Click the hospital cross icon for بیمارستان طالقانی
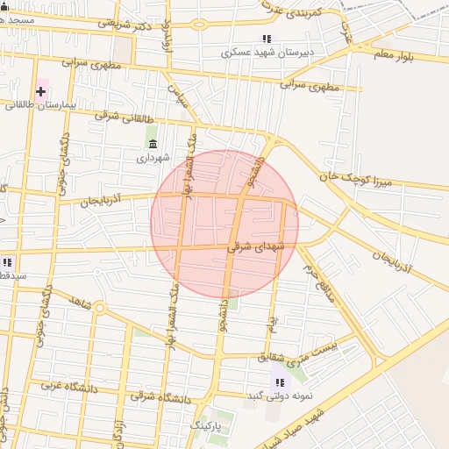click(41, 91)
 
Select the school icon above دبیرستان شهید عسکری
click(267, 39)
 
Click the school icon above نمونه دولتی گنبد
click(280, 382)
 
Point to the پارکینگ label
click(209, 425)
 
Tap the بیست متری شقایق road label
click(296, 350)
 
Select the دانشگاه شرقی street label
click(161, 397)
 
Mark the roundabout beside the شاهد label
click(99, 308)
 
